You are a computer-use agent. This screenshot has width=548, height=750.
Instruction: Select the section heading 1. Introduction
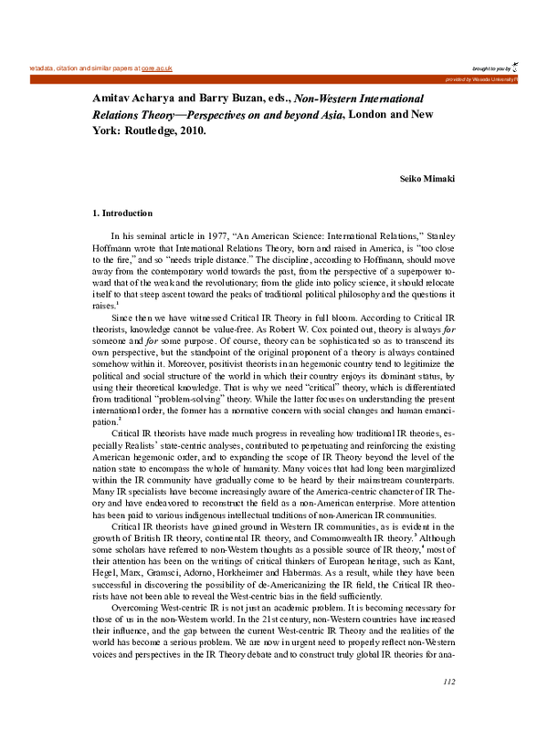pos(117,213)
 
